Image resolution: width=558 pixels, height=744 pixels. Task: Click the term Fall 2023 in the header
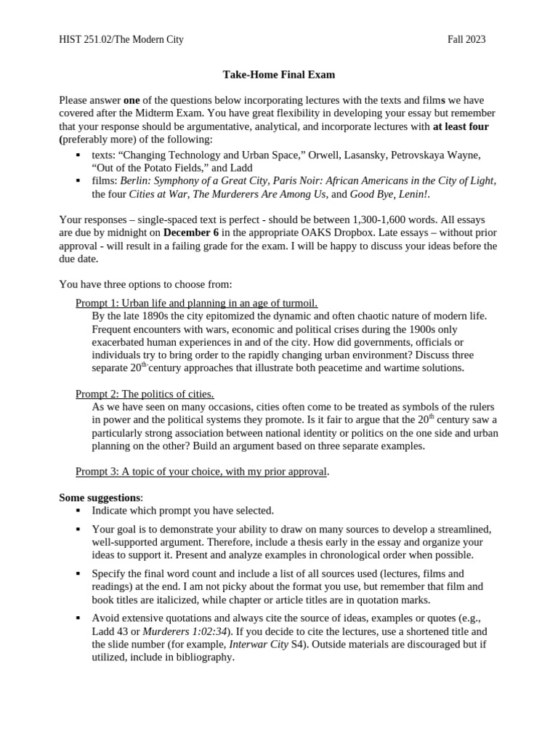466,39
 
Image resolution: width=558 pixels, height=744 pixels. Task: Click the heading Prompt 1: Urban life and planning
196,303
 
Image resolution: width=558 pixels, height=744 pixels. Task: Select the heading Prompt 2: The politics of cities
145,394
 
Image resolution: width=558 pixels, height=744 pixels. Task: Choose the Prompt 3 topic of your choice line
201,472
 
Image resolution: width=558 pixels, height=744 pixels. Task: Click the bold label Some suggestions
100,498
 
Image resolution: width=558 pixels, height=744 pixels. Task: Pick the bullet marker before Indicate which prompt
78,511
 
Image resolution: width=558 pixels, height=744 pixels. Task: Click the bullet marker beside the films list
78,181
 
